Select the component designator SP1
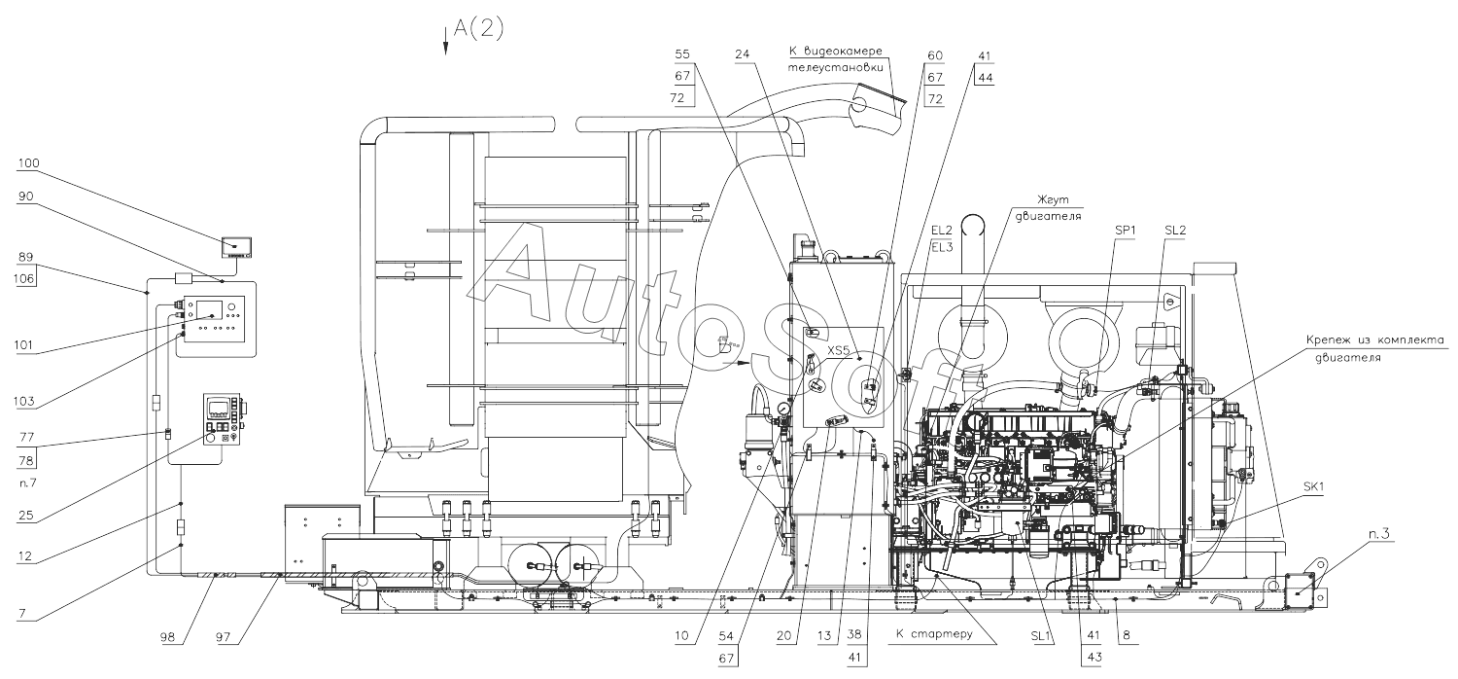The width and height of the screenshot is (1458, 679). pyautogui.click(x=1126, y=230)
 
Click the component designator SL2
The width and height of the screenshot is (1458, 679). pyautogui.click(x=1176, y=230)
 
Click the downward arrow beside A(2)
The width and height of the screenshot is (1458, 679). pyautogui.click(x=446, y=41)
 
